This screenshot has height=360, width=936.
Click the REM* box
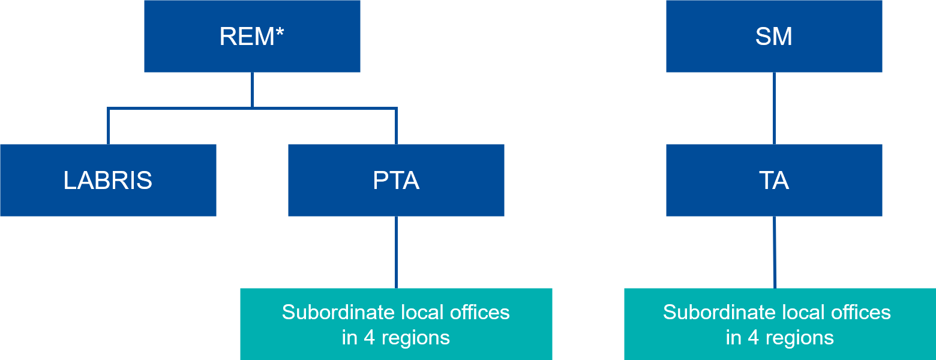252,36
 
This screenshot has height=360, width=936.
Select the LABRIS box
108,180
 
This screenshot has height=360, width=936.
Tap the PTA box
396,180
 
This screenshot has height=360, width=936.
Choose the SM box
774,36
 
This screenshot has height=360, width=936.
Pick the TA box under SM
774,180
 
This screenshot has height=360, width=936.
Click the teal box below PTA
396,324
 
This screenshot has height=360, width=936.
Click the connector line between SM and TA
774,108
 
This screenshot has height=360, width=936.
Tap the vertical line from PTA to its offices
396,252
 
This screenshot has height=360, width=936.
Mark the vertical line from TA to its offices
775,252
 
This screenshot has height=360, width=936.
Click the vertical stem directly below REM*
252,90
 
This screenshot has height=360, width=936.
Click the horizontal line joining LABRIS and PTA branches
180,109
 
